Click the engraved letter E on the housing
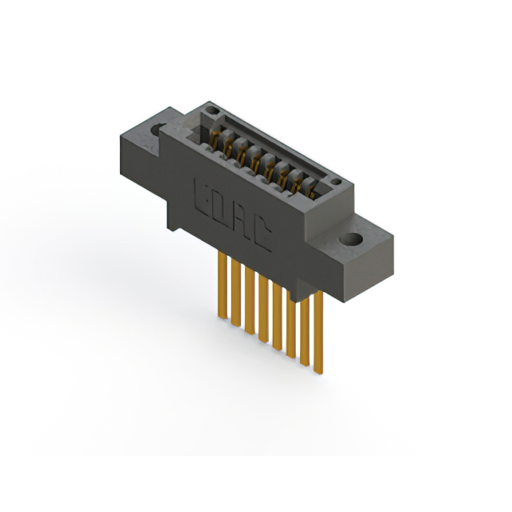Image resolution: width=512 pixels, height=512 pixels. pyautogui.click(x=202, y=194)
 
